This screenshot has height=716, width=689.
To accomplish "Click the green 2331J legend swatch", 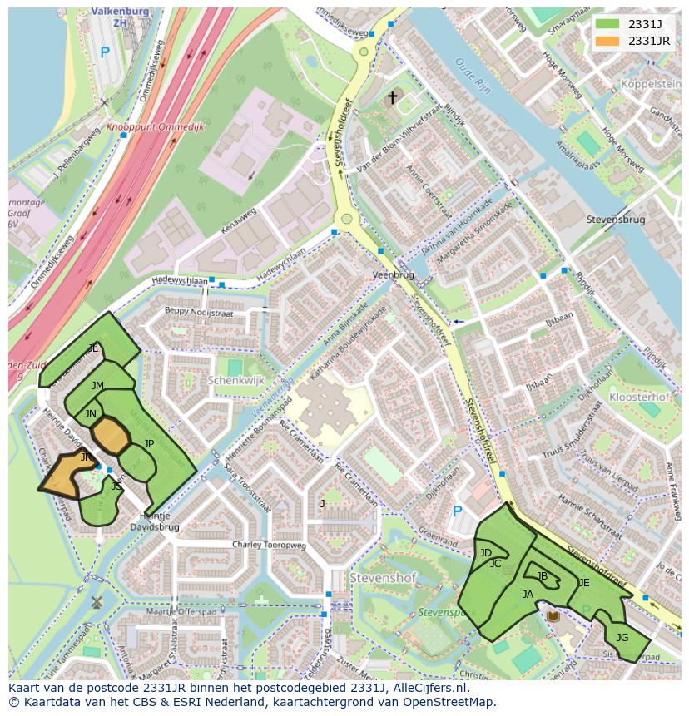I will pos(607,25).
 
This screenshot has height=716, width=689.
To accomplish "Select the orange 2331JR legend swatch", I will pos(607,41).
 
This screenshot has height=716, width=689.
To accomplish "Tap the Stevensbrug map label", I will pos(615,220).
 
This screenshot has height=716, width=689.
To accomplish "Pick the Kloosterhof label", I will pos(639,398).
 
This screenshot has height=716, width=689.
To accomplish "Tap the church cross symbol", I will pos(392,98).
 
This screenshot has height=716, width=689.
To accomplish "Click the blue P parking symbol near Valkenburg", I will pos(105,52).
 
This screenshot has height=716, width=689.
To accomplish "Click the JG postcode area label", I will pos(622,638).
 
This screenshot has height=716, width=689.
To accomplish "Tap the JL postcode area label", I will pos(93,348).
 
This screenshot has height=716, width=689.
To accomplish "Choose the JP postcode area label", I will pos(149,443).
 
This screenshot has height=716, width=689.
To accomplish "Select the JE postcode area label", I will pos(583,583).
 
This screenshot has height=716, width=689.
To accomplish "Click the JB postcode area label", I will pos(543,575).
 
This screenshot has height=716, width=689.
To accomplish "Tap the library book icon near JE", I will pos(553,616).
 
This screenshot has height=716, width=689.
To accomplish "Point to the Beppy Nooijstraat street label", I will pos(199,313).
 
